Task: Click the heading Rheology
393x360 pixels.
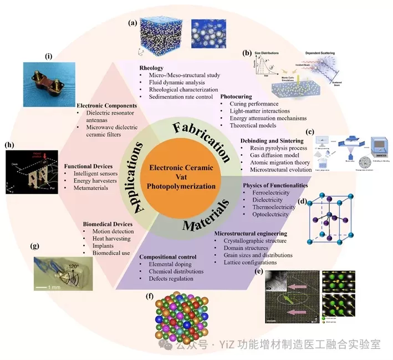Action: click(151, 68)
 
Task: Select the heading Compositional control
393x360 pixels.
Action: click(168, 257)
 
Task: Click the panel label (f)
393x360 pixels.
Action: click(149, 296)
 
